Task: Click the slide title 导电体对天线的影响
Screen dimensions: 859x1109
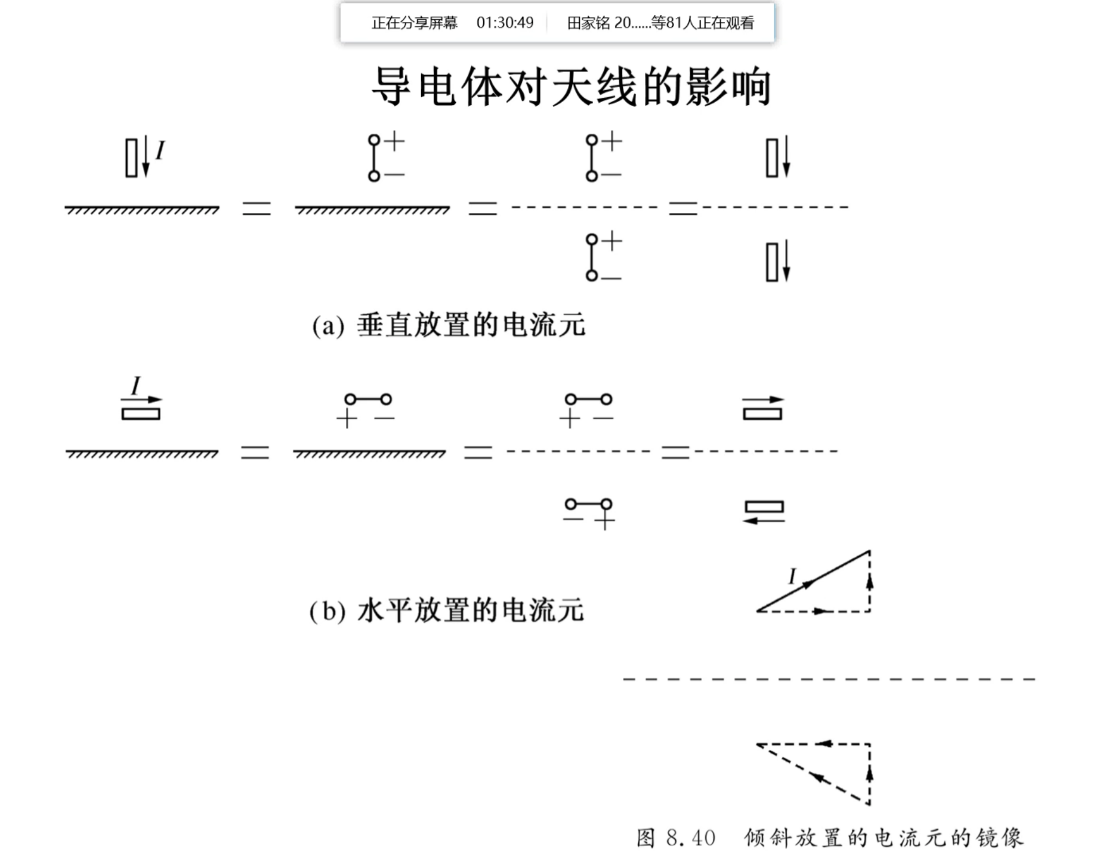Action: tap(571, 87)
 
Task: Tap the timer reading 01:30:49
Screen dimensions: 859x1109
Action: tap(505, 23)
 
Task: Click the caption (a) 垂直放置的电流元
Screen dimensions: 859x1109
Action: tap(449, 326)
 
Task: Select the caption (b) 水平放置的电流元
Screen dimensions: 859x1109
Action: tap(446, 611)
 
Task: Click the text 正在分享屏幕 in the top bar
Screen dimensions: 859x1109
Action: tap(414, 23)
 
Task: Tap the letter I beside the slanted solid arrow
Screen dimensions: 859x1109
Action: tap(792, 576)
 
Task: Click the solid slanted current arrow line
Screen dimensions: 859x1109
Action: tap(813, 581)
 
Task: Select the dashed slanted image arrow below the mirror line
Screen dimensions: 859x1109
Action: tap(813, 774)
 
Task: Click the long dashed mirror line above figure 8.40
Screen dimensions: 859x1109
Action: tap(829, 679)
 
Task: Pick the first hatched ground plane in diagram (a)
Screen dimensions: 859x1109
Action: tap(142, 209)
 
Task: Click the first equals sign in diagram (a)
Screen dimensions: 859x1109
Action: tap(257, 208)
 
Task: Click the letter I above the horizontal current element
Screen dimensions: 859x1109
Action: tap(135, 385)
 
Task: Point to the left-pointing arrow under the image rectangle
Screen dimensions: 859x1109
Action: tap(764, 520)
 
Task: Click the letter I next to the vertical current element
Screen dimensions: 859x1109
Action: tap(160, 150)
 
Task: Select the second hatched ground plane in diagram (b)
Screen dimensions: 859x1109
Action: tap(369, 453)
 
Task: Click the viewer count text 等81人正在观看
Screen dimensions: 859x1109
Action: tap(702, 23)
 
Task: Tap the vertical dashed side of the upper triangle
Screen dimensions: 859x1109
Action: tap(869, 581)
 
